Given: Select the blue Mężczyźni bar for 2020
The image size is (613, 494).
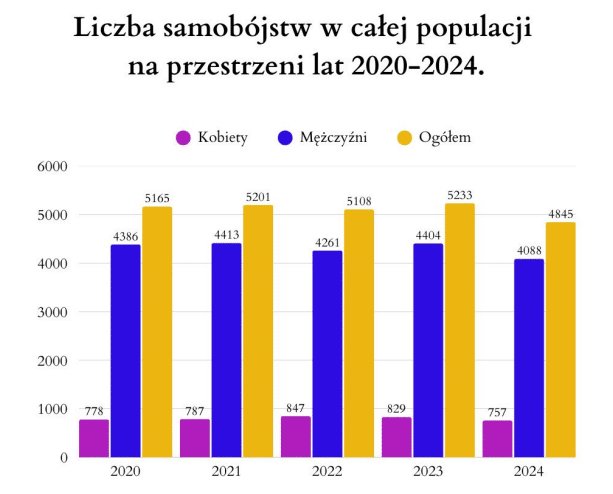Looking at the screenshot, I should pyautogui.click(x=125, y=351).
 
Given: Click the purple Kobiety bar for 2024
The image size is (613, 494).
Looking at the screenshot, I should pyautogui.click(x=496, y=438).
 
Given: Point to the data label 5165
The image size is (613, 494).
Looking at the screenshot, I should pyautogui.click(x=156, y=199).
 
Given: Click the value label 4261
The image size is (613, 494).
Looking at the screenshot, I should pyautogui.click(x=327, y=243).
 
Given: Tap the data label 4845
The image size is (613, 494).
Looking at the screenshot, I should pyautogui.click(x=560, y=214).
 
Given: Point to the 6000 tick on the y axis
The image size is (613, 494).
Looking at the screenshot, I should pyautogui.click(x=51, y=167).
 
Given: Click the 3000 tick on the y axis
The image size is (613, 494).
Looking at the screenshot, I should pyautogui.click(x=51, y=312).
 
